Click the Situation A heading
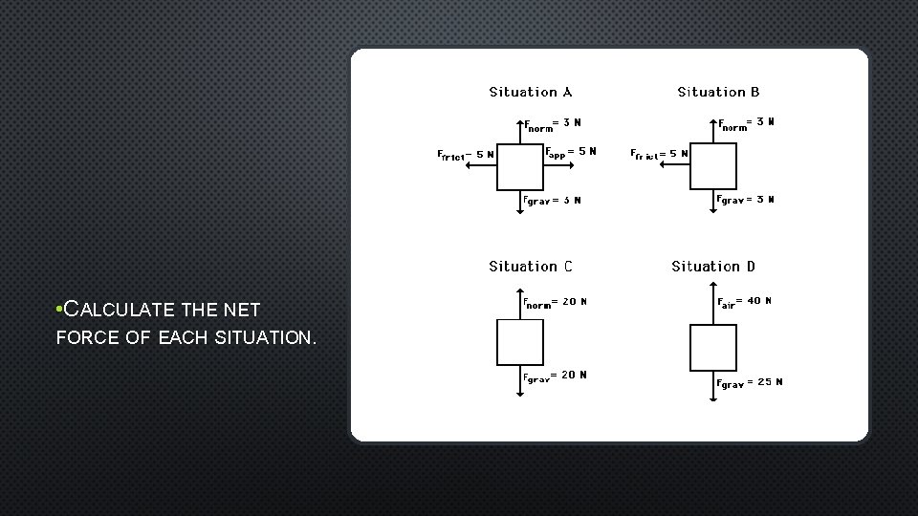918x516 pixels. [x=531, y=93]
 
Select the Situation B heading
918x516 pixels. [x=719, y=93]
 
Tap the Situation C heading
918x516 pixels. [x=531, y=267]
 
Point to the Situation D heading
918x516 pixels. [x=713, y=267]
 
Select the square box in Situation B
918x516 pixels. [x=713, y=165]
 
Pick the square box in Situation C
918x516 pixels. [x=520, y=342]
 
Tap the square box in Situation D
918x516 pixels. [x=713, y=348]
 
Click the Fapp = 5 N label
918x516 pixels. [x=570, y=151]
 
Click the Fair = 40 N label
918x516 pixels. [x=745, y=302]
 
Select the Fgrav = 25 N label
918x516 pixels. [x=750, y=382]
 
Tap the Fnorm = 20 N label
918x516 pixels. [x=556, y=303]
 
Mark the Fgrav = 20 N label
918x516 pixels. [x=556, y=376]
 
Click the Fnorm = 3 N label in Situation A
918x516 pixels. [x=553, y=122]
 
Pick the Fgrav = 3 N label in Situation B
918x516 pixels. [x=746, y=200]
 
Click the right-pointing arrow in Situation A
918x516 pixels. [x=558, y=165]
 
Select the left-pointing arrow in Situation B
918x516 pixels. [x=676, y=165]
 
